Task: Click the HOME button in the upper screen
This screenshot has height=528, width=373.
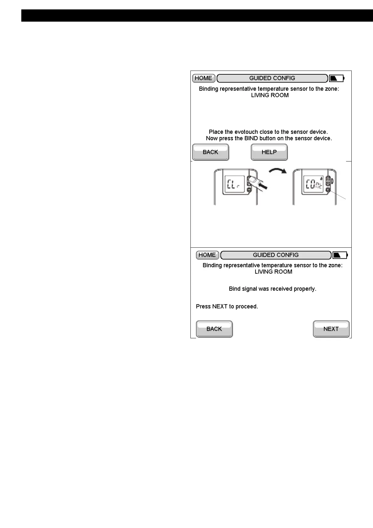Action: [x=204, y=78]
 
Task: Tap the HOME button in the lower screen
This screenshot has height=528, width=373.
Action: [x=207, y=255]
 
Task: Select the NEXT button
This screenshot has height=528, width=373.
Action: [x=331, y=329]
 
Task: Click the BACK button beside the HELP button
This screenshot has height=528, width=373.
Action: [x=210, y=152]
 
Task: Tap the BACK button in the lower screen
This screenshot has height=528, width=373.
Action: [x=214, y=329]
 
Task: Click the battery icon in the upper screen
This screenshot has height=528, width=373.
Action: [x=336, y=78]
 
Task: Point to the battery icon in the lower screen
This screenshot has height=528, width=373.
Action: [x=340, y=255]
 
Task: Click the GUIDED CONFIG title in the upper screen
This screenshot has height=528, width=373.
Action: [x=272, y=78]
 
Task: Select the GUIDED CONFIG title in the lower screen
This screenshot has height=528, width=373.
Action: [x=276, y=255]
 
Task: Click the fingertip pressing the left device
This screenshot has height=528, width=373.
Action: [x=252, y=181]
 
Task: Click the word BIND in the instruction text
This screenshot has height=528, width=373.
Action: [x=251, y=138]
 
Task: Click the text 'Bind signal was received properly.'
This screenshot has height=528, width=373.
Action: [x=272, y=289]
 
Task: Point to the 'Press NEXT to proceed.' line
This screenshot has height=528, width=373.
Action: [x=227, y=306]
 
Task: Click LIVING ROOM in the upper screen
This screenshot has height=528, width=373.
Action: [x=270, y=95]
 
